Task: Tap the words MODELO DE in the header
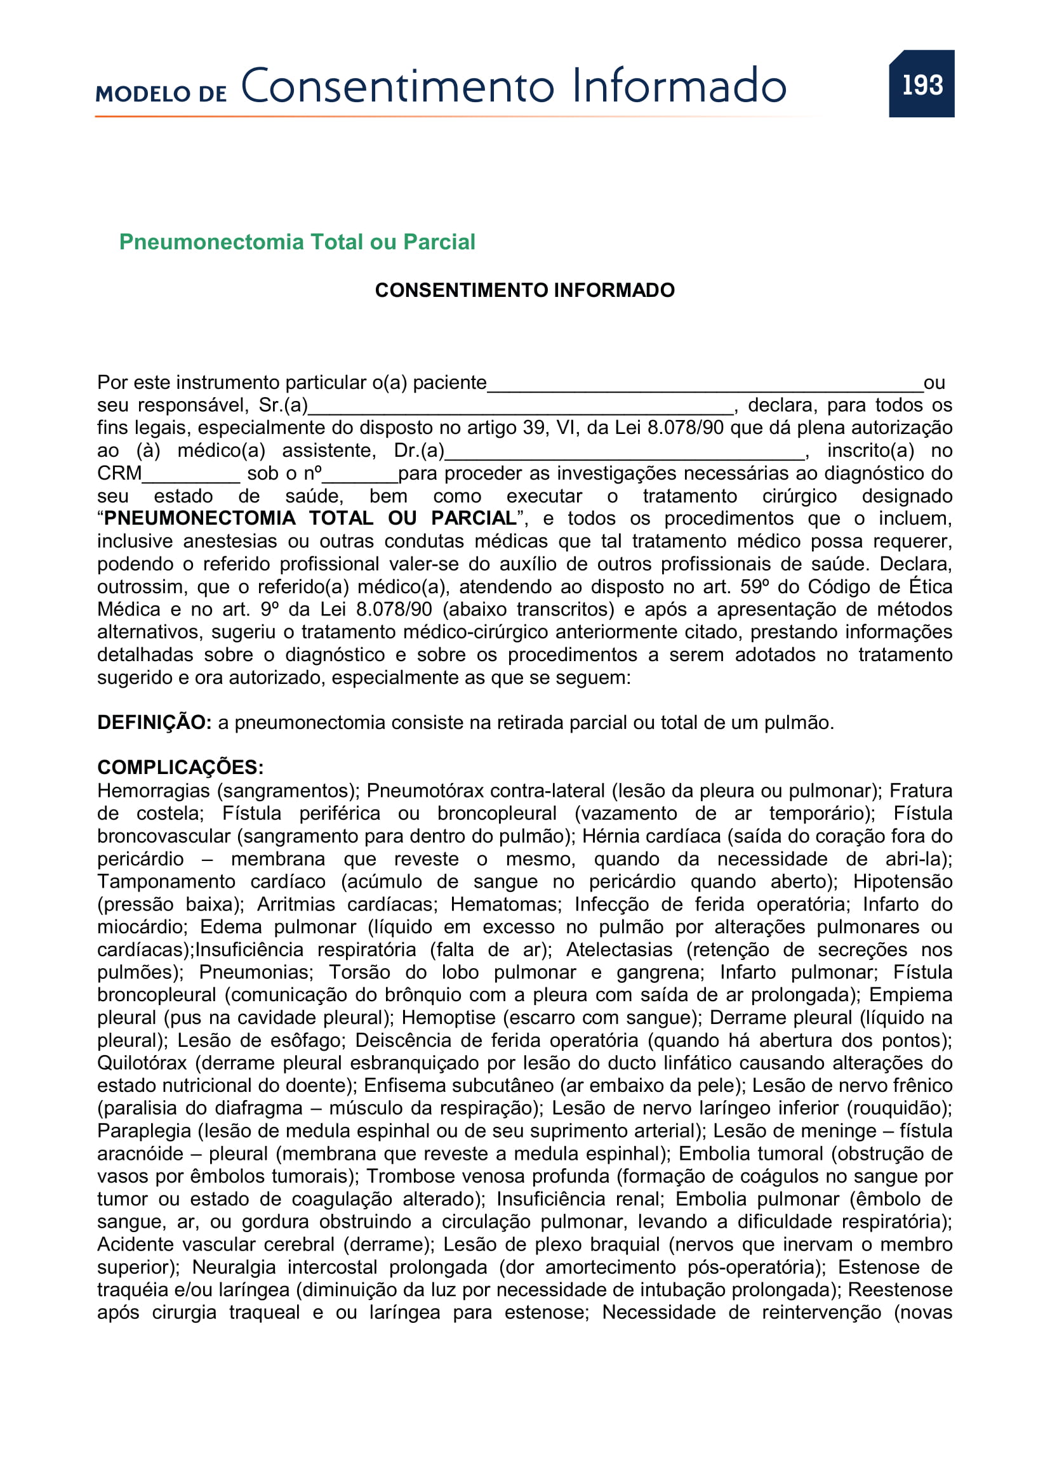(161, 94)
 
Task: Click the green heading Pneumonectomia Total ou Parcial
(296, 242)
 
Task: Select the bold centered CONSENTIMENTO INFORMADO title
(524, 290)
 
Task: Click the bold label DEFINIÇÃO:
(154, 723)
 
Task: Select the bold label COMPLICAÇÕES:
(180, 767)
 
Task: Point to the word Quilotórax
(142, 1063)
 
